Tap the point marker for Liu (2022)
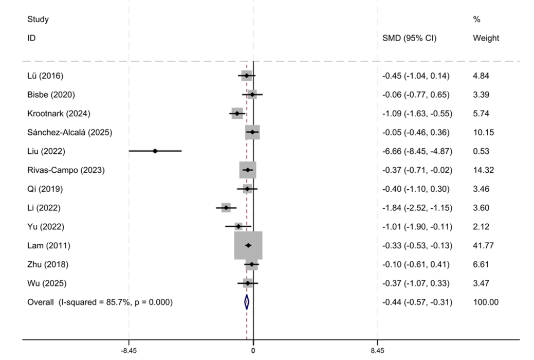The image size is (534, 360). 155,151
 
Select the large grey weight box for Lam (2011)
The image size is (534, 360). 248,245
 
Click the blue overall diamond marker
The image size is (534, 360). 247,302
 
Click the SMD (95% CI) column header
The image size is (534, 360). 409,38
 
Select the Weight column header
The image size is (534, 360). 486,38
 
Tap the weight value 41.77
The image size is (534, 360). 484,245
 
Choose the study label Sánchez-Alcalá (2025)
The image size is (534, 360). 69,132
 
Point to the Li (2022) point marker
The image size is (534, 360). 226,208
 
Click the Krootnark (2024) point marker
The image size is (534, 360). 237,113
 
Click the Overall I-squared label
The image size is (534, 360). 100,302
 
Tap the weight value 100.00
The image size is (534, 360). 486,302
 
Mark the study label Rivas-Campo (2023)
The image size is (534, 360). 66,170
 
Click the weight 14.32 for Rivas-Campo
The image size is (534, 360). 484,170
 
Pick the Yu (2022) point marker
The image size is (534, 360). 238,226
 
